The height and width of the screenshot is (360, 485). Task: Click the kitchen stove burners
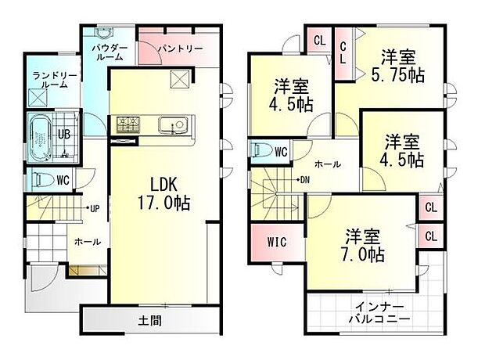click(128, 124)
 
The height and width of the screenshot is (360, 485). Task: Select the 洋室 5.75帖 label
click(398, 65)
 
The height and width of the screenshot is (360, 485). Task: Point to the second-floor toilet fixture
click(261, 150)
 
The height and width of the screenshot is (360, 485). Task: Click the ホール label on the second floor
click(327, 165)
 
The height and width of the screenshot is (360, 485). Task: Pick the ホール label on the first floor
click(86, 243)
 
